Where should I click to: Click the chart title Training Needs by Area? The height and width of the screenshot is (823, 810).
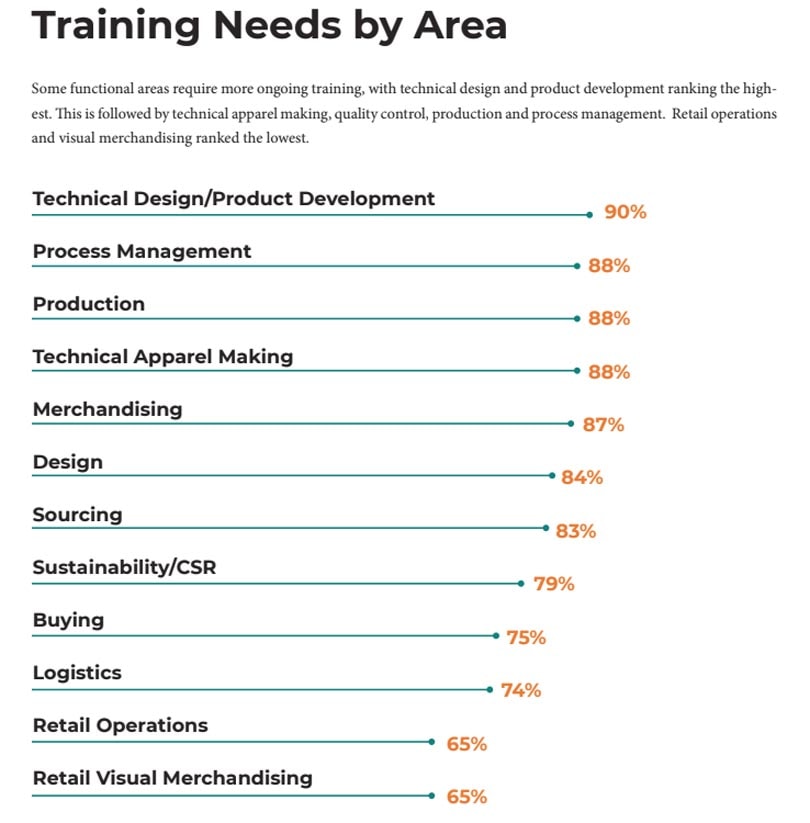(269, 26)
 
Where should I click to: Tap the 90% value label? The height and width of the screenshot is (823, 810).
(625, 213)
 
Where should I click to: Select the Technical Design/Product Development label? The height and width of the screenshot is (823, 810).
(234, 198)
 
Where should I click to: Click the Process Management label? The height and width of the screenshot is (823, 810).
(142, 251)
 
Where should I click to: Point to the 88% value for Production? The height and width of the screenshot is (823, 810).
(609, 319)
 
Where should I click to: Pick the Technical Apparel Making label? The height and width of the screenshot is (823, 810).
(163, 356)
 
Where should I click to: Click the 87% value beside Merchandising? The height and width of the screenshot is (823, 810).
(603, 425)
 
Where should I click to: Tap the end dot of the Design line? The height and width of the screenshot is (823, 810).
(552, 476)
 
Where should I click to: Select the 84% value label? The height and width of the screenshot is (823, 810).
(582, 478)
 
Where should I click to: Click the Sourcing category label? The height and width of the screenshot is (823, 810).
(77, 515)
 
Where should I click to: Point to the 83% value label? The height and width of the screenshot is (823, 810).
(575, 531)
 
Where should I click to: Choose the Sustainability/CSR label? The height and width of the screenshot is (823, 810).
(124, 568)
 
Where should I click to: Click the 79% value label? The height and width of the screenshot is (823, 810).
(554, 584)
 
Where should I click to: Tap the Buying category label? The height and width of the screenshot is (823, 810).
(68, 620)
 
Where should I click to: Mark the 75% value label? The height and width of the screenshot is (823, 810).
(526, 637)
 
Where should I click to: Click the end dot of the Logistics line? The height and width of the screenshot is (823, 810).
(489, 689)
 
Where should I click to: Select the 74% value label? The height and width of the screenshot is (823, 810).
(520, 690)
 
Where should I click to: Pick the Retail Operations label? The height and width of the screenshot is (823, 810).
(120, 726)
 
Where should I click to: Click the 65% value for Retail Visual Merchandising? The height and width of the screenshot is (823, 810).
(466, 797)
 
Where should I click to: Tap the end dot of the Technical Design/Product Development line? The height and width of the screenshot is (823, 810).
(591, 214)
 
